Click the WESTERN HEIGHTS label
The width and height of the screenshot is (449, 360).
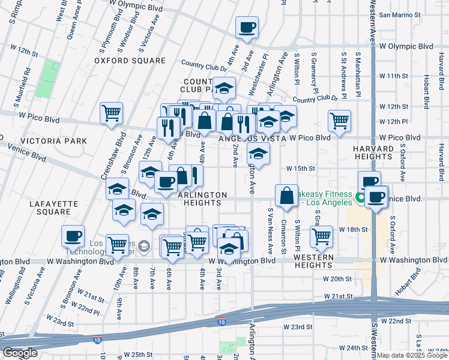pos(318,257)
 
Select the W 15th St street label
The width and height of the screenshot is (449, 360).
pos(301,169)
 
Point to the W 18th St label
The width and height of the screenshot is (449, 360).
pos(353,230)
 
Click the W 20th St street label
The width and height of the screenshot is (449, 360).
pos(337,279)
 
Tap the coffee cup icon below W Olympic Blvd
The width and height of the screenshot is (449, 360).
pos(247,27)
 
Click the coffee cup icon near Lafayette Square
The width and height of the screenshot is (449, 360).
pos(73,236)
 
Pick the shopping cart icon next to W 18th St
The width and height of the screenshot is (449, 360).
pos(321,236)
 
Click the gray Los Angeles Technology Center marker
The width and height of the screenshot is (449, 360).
pos(143,246)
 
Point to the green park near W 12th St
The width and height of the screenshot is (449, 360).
pos(44,79)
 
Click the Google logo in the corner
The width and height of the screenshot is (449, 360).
pos(20,353)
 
